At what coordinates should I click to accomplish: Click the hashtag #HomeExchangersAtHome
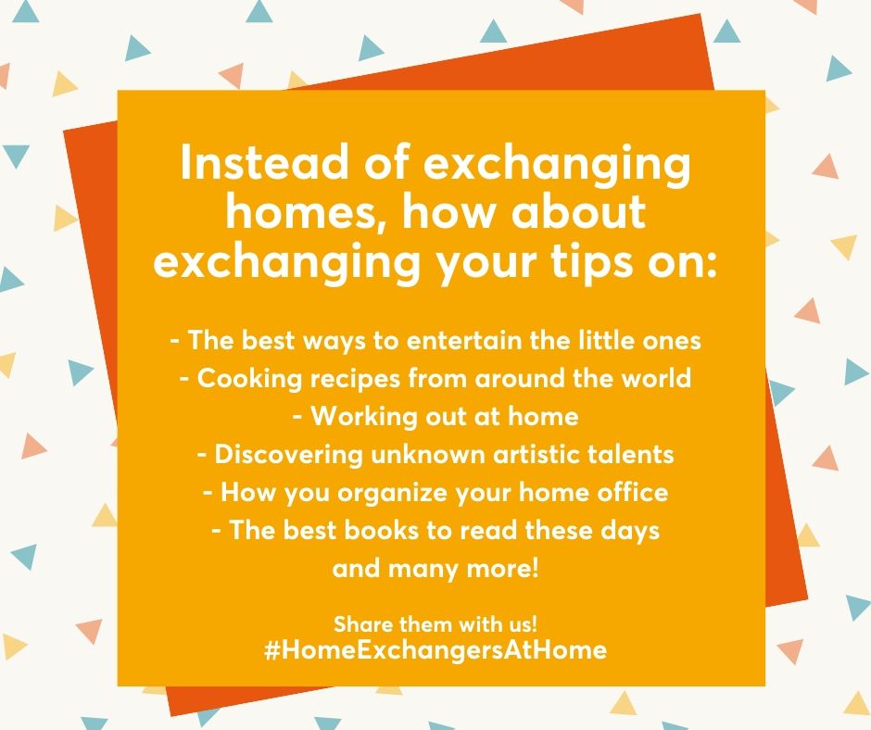(x=435, y=649)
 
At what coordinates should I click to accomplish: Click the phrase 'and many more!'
(x=435, y=569)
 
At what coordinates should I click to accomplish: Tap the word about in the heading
(x=578, y=211)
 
